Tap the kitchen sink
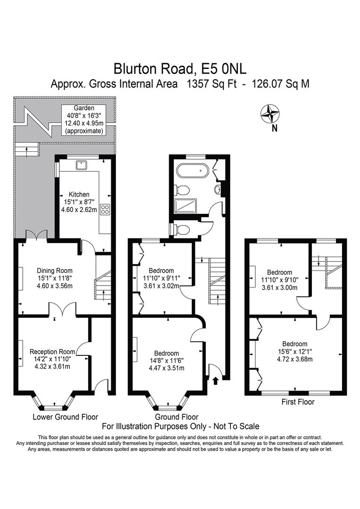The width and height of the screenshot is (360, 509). pos(82,164)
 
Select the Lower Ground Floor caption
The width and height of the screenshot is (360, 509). pos(65,417)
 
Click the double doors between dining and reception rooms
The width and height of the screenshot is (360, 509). pos(63,310)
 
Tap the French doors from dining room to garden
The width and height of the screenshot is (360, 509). pos(36,235)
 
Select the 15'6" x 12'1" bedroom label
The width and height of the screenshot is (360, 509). pos(295,352)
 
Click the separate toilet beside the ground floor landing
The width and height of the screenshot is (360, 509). pos(182,230)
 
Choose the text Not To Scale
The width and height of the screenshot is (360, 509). pos(236,427)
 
